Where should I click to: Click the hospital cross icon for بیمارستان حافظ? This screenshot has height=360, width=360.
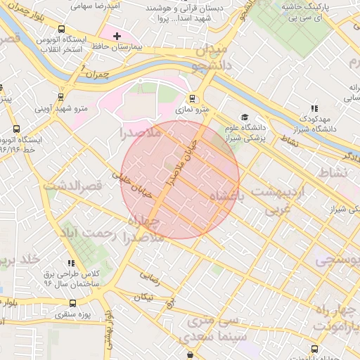point(117,35)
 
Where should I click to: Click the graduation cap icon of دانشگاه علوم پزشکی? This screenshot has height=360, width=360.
point(245,117)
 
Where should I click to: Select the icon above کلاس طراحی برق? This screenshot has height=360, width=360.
point(71,262)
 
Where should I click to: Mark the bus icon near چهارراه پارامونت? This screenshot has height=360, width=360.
point(314,349)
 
